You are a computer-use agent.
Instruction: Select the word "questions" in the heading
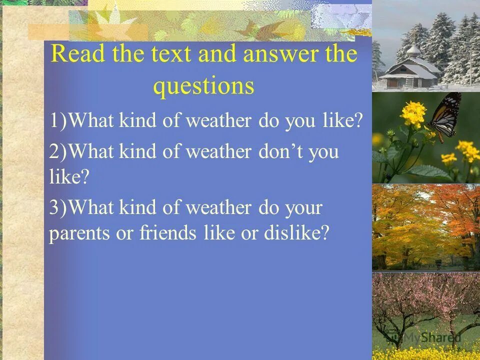(203, 86)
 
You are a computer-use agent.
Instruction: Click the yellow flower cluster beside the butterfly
(412, 113)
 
